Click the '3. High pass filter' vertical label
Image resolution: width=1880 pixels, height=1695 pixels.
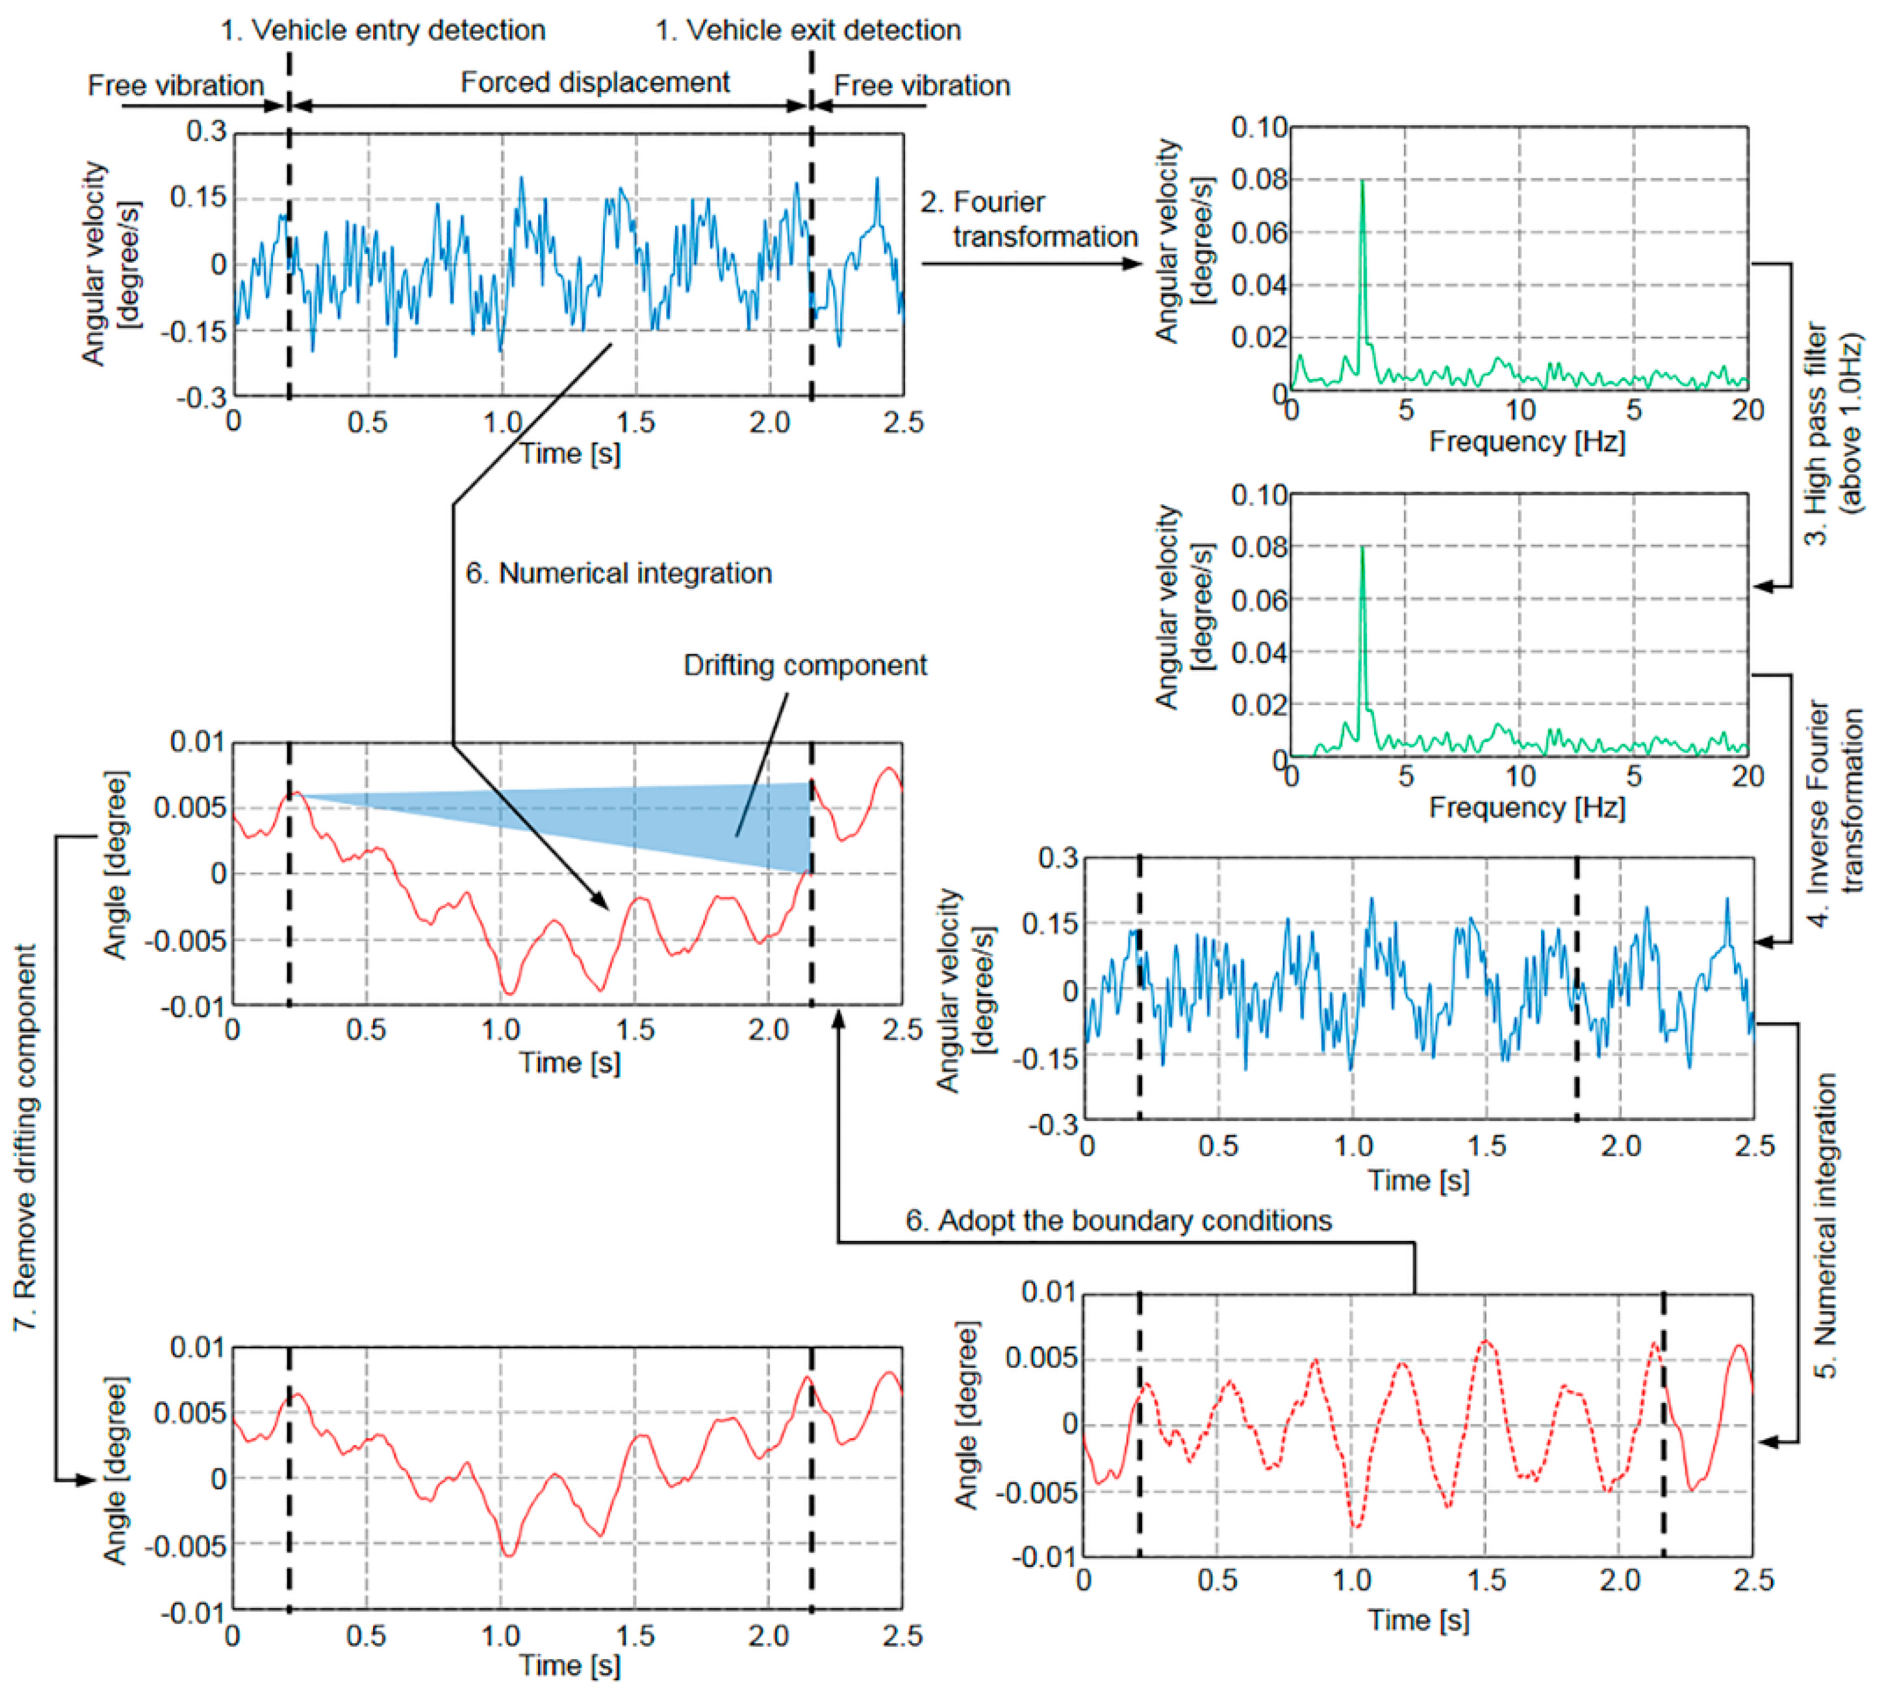[x=1832, y=433]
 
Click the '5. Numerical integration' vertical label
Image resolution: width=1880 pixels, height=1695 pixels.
[x=1825, y=1225]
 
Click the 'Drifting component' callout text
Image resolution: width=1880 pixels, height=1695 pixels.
[x=804, y=665]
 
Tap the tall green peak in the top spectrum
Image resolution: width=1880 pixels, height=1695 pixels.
[x=1362, y=187]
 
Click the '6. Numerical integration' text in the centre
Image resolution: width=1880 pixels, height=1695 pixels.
[x=619, y=573]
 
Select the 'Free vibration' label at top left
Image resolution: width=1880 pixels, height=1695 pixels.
[x=175, y=86]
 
